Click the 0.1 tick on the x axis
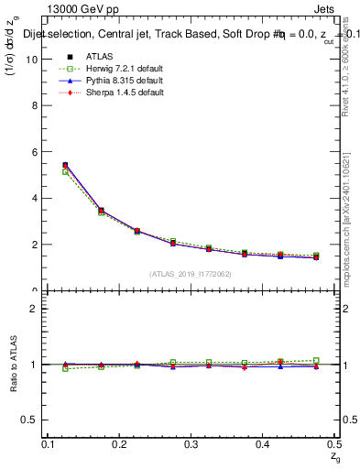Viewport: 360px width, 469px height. [x=49, y=444]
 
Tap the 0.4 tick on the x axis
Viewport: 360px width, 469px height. [x=263, y=444]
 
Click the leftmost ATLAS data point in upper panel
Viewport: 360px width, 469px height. [x=64, y=165]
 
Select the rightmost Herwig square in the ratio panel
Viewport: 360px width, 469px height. [x=316, y=360]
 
